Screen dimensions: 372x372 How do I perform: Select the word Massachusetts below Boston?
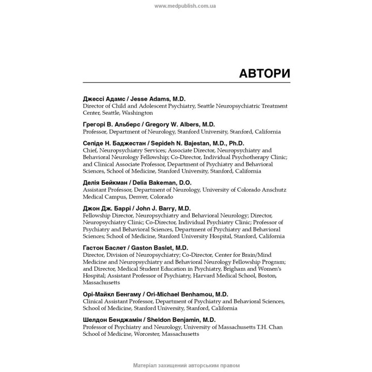click(102, 283)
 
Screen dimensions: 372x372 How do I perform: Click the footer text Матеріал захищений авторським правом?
click(185, 365)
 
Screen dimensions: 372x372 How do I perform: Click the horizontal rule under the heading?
click(186, 83)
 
